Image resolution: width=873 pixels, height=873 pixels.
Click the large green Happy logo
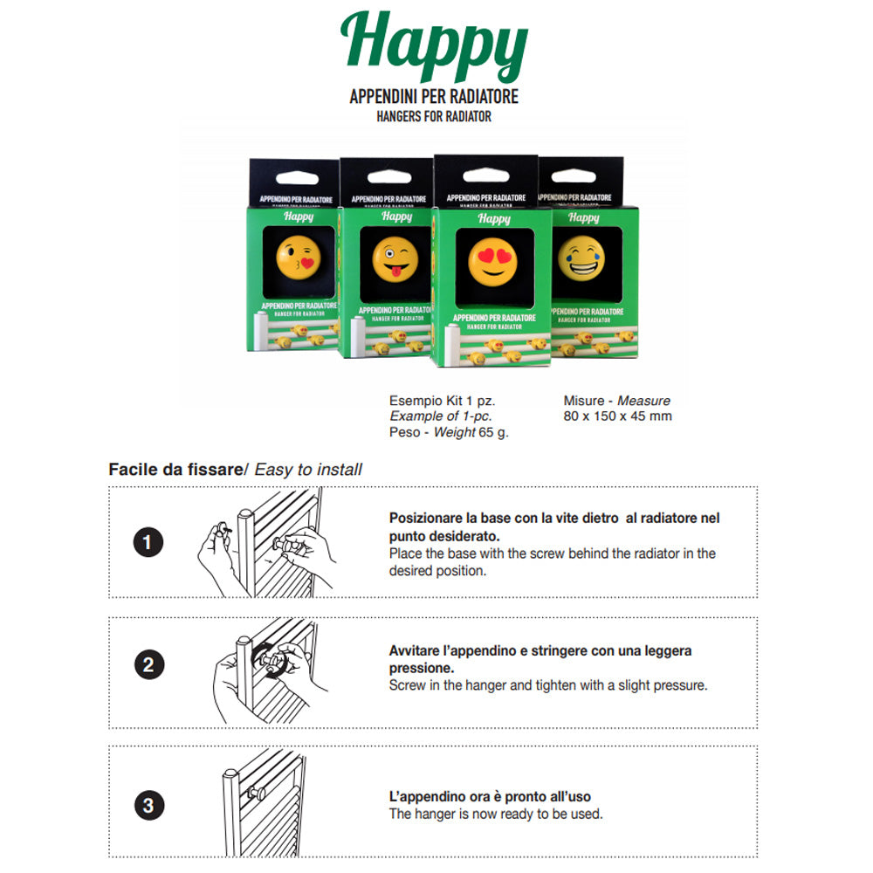click(x=434, y=48)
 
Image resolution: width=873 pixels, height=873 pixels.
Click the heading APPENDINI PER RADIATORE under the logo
click(x=434, y=97)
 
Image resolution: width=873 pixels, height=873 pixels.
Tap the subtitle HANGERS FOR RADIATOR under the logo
click(x=434, y=116)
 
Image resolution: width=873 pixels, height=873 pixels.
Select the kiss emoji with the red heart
click(x=299, y=256)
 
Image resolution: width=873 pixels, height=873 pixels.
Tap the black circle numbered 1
click(x=147, y=543)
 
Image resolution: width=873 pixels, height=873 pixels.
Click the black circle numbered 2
click(x=148, y=666)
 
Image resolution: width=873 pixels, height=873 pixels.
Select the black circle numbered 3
click(x=148, y=805)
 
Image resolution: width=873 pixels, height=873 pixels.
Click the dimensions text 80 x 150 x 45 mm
click(x=617, y=416)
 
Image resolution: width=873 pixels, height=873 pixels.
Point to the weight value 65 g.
click(x=494, y=432)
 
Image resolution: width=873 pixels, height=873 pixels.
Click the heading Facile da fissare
click(x=175, y=470)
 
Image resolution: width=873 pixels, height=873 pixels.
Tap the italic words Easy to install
click(x=308, y=470)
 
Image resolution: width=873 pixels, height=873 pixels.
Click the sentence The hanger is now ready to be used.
click(x=495, y=814)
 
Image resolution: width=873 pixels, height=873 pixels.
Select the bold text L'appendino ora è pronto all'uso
click(x=490, y=797)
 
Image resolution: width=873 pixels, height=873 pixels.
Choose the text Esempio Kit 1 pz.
click(x=442, y=401)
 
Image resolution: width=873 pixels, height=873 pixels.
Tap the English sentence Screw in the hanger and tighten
click(x=547, y=685)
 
